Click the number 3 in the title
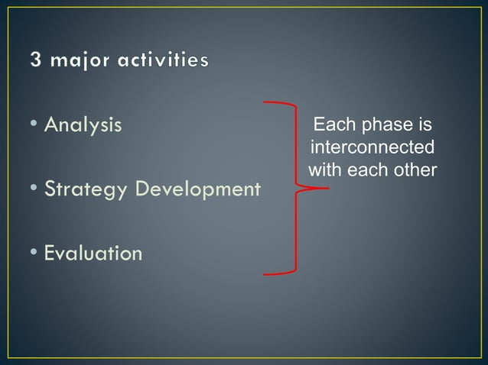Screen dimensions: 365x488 coord(37,60)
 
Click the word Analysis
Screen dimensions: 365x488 coord(83,124)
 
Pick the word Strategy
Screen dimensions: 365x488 coord(86,189)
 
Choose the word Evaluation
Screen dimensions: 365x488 coord(93,253)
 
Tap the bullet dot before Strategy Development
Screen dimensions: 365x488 coord(36,189)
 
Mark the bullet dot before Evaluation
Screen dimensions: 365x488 coord(36,253)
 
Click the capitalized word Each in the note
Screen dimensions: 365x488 coord(330,124)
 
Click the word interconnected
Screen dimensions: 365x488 coord(373,147)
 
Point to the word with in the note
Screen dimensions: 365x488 coord(324,169)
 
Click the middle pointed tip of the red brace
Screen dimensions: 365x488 coord(324,188)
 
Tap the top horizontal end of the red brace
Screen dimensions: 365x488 coord(268,102)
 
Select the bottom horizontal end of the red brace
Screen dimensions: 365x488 coord(268,273)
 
